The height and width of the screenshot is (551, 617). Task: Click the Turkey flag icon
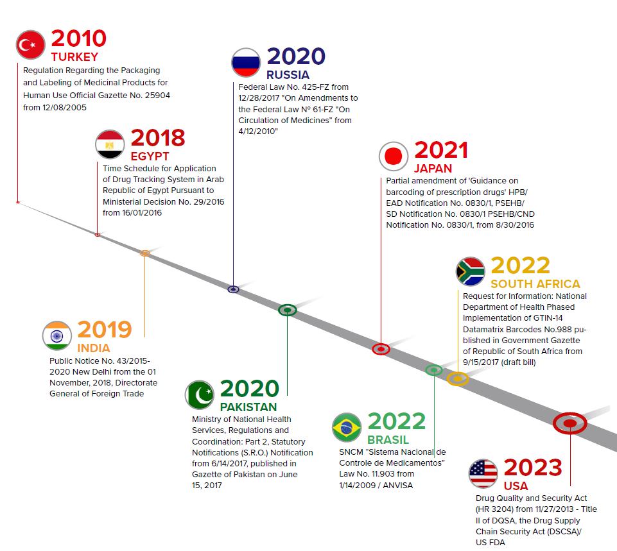click(x=31, y=45)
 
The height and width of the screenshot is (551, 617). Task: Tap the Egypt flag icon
click(x=110, y=144)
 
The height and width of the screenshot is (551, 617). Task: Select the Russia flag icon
click(x=246, y=62)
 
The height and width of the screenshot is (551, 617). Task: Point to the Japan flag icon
click(x=394, y=157)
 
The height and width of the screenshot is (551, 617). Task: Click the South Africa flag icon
click(x=471, y=271)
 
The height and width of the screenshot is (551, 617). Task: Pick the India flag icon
click(x=57, y=336)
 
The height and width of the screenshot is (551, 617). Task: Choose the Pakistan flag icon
click(x=200, y=395)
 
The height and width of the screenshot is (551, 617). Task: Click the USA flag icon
click(x=483, y=473)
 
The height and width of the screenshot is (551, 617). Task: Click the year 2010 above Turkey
click(x=79, y=38)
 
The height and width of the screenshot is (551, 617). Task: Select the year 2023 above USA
click(x=533, y=467)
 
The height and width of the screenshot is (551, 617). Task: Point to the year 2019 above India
click(x=105, y=329)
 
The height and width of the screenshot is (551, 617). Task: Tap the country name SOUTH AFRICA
click(x=535, y=284)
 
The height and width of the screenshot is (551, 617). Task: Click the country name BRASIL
click(x=388, y=440)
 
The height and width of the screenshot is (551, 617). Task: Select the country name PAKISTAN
click(x=248, y=407)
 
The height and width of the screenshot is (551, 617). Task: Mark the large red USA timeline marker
click(x=569, y=423)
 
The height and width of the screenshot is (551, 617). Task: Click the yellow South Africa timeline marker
click(x=457, y=378)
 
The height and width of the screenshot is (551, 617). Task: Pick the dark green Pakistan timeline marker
click(x=287, y=310)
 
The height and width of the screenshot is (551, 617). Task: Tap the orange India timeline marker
click(x=145, y=253)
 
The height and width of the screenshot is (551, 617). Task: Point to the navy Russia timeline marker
click(x=233, y=289)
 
